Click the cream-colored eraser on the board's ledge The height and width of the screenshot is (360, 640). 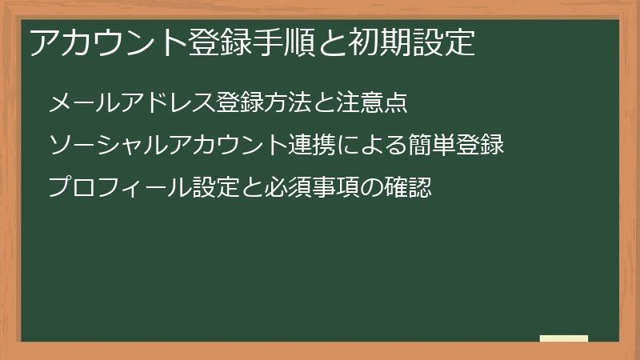[564, 338]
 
